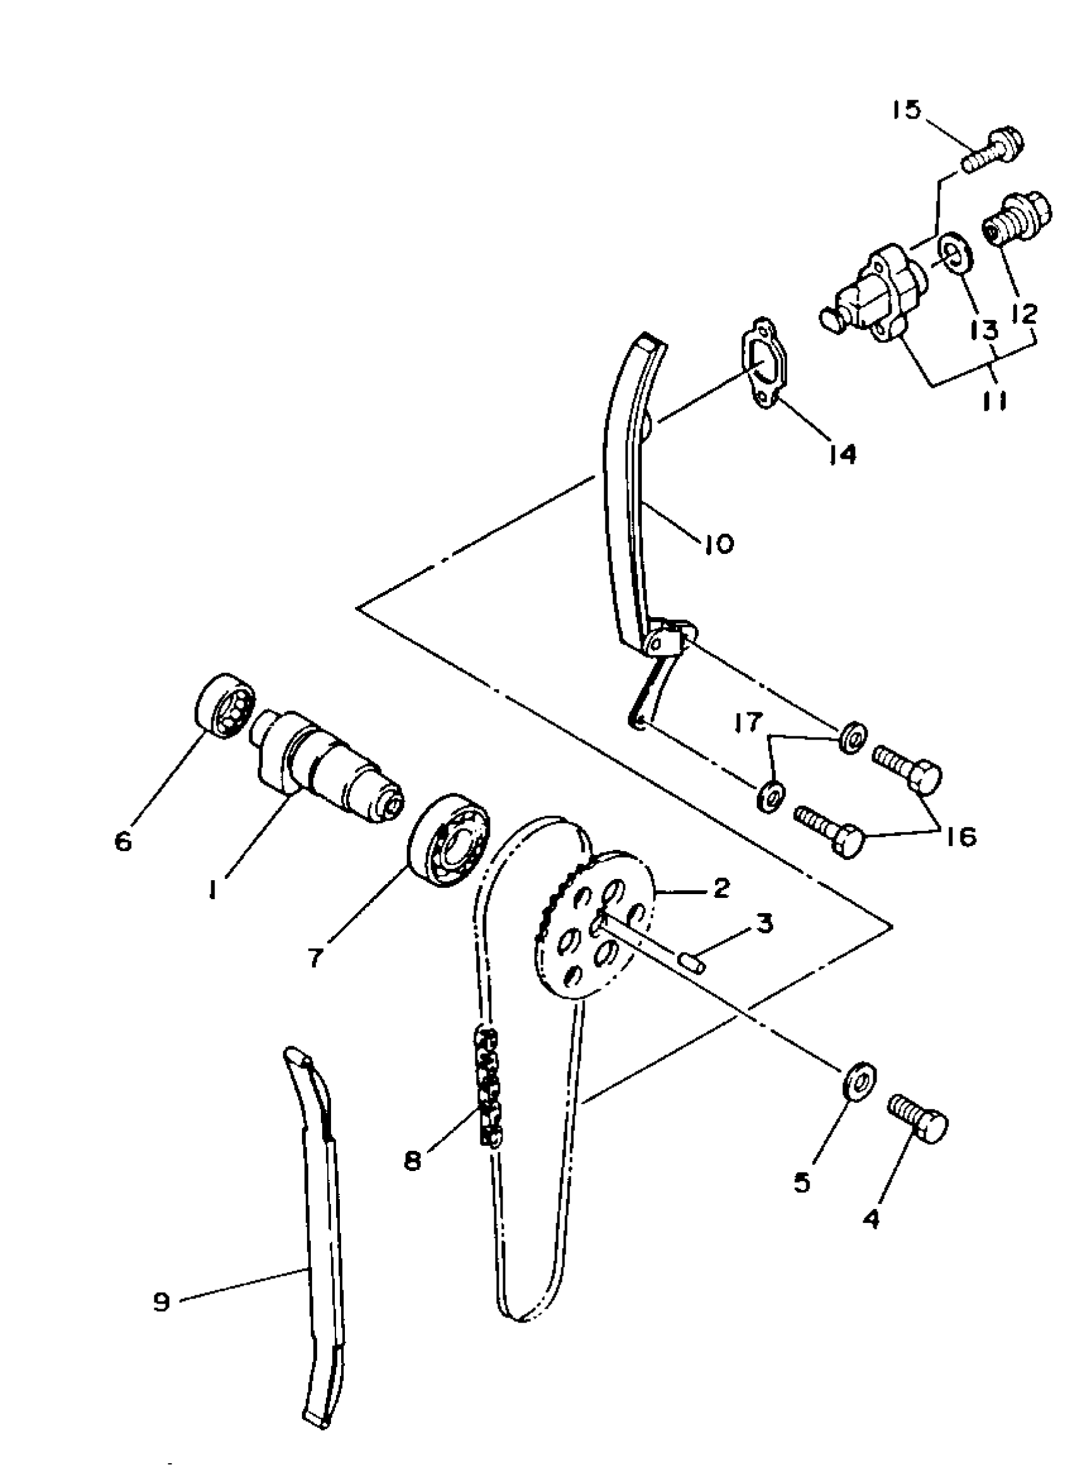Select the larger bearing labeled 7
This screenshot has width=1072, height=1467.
click(448, 841)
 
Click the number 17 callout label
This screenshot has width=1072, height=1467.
click(751, 722)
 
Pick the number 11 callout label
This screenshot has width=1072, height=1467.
click(993, 401)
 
